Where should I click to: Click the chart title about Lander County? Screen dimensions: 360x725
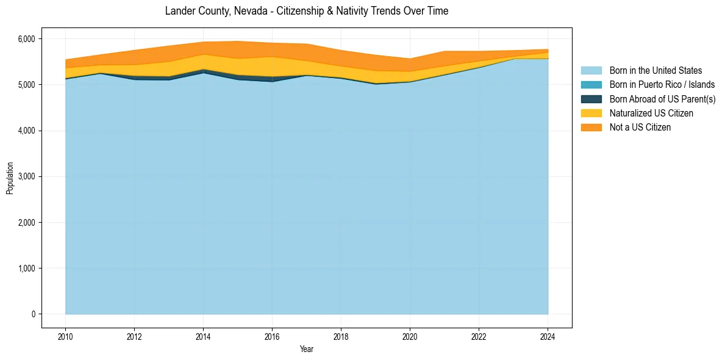point(307,12)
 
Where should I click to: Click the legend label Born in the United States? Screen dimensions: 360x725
point(655,71)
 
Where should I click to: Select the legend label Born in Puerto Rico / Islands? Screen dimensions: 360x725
point(662,85)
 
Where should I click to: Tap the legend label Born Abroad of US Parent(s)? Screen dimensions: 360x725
point(662,99)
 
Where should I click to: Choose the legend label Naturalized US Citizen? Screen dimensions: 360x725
point(651,113)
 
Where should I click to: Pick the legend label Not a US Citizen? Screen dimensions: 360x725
point(640,128)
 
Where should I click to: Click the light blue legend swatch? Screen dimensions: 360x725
point(591,71)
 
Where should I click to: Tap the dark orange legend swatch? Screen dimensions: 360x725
point(591,128)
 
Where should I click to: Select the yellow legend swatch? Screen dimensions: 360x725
point(591,113)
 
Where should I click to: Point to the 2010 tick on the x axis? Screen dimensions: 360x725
point(65,335)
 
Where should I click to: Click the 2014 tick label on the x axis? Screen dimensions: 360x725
point(203,335)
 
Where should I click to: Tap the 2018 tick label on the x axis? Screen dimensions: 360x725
point(341,335)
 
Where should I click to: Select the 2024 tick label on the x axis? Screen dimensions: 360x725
point(548,335)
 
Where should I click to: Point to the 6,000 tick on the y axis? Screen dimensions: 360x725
point(27,39)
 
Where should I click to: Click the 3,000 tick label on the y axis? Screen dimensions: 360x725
point(27,176)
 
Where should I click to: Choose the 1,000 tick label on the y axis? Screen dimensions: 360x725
point(27,268)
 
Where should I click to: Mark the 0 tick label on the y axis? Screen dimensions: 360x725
point(33,314)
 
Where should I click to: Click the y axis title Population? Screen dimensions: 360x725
point(10,178)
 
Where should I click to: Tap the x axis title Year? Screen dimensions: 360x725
point(307,349)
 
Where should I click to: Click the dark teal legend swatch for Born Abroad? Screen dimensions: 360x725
point(591,99)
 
